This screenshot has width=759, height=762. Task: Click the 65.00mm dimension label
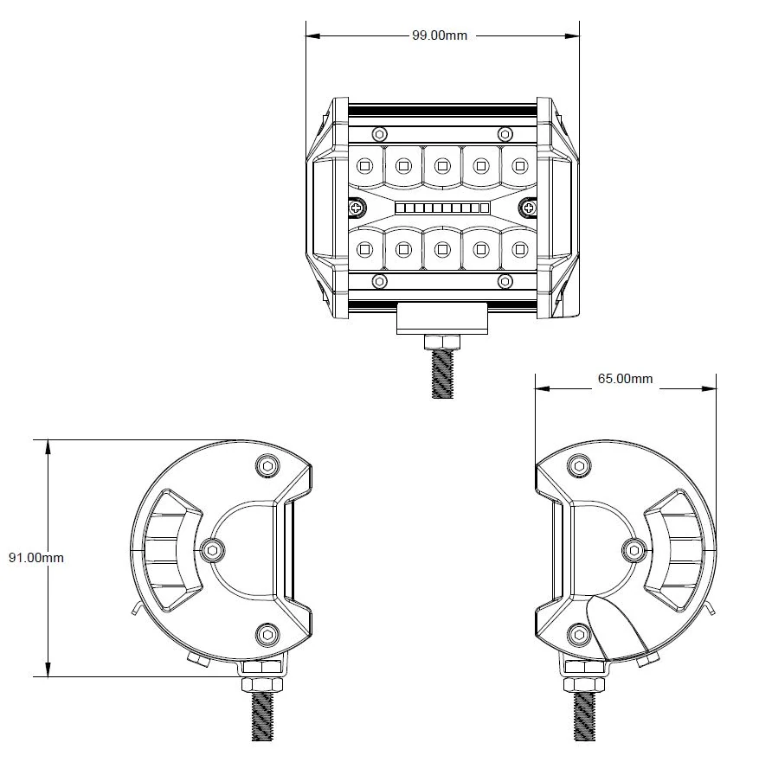point(625,379)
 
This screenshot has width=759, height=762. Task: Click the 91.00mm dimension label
point(36,558)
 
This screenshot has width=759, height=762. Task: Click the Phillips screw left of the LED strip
point(357,207)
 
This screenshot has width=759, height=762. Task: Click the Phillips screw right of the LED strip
point(529,207)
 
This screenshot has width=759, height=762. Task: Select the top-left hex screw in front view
point(379,134)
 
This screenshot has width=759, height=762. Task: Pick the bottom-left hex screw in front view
point(379,281)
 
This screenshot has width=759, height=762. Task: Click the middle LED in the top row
point(442,163)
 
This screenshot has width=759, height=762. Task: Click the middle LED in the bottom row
point(442,249)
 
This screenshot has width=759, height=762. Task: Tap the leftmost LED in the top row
point(363,163)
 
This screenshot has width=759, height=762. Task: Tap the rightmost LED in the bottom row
point(520,249)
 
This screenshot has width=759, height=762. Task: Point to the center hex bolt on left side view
point(212,548)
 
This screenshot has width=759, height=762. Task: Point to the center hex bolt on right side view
point(634,548)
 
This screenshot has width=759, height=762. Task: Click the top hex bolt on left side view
point(267,467)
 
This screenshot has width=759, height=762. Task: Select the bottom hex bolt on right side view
point(577,637)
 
